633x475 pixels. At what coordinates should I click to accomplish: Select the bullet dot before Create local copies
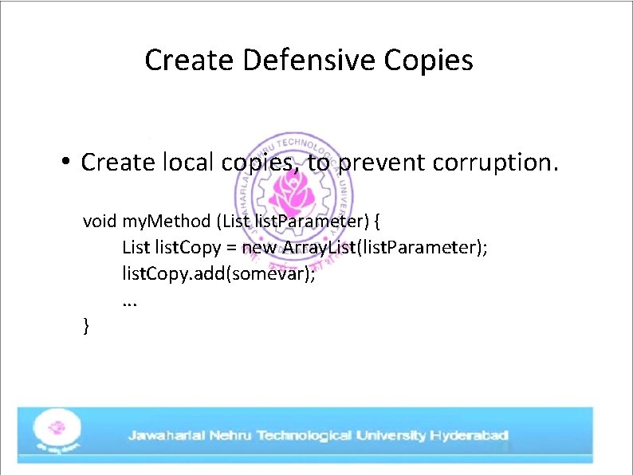[66, 163]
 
